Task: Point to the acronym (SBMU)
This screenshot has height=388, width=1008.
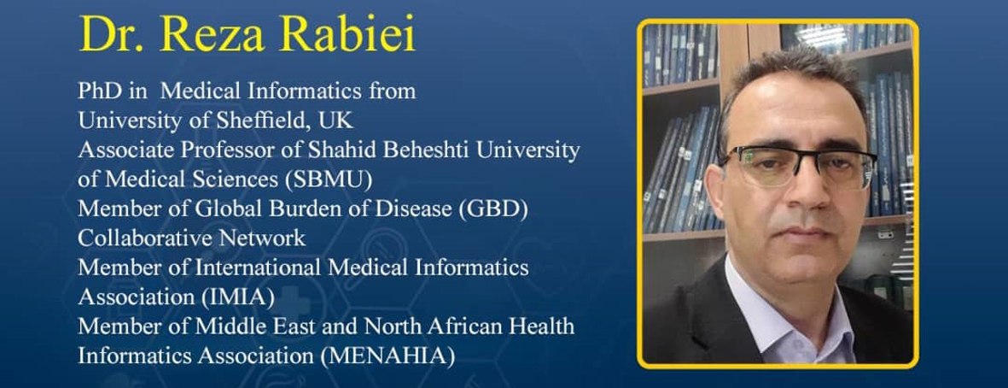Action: click(x=329, y=180)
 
